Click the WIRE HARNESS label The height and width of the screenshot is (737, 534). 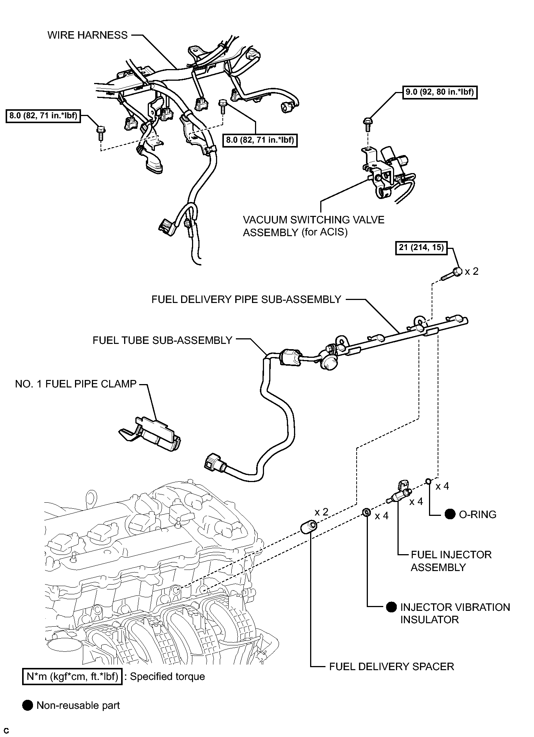click(x=87, y=35)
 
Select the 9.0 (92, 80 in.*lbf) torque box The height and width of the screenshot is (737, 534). click(x=440, y=92)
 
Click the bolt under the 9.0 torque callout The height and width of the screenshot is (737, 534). click(x=368, y=124)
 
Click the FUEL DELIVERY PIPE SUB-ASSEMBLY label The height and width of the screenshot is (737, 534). click(x=246, y=300)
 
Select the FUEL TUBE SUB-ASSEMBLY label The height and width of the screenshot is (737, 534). click(x=162, y=341)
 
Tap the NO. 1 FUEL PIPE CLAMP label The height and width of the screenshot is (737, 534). click(x=76, y=384)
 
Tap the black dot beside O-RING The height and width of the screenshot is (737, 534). click(x=450, y=514)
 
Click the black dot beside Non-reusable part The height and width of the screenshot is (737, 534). click(x=28, y=705)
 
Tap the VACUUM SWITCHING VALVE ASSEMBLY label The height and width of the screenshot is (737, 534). click(x=314, y=226)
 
